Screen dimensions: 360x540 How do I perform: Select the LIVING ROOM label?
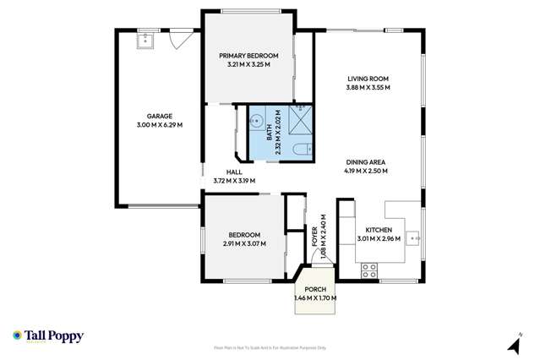(368, 79)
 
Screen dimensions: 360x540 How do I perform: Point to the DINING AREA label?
(366, 162)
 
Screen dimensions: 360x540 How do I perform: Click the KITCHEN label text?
(378, 230)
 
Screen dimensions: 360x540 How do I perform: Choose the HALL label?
(234, 172)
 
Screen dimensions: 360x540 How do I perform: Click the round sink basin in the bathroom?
(254, 122)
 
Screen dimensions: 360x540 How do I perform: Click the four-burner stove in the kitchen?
(368, 270)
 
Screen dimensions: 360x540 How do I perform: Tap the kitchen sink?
(413, 239)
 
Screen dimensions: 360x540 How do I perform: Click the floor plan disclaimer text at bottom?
(270, 346)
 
